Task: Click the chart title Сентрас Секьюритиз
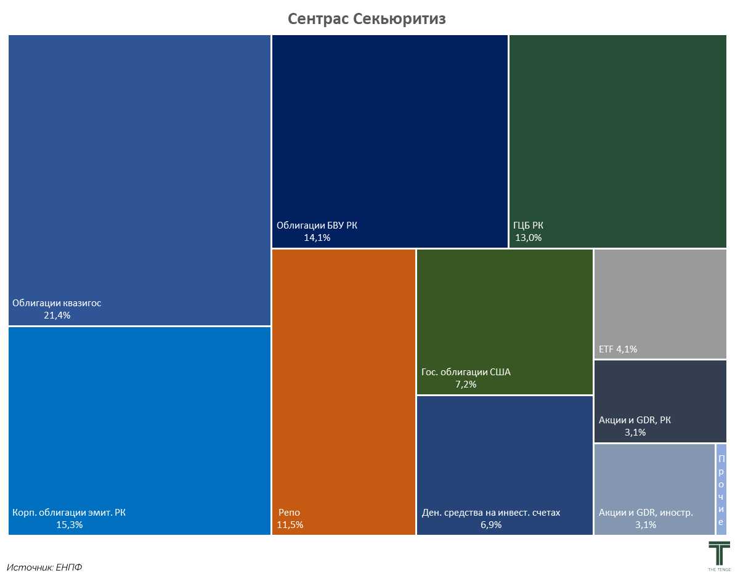pyautogui.click(x=367, y=19)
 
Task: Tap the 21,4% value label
pyautogui.click(x=57, y=315)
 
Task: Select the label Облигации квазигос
pyautogui.click(x=57, y=303)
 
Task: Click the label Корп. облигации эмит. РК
pyautogui.click(x=69, y=513)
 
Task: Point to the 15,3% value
pyautogui.click(x=69, y=525)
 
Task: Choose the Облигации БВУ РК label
pyautogui.click(x=317, y=226)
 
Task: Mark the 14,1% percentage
pyautogui.click(x=317, y=238)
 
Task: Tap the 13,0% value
pyautogui.click(x=529, y=238)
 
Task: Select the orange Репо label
pyautogui.click(x=289, y=513)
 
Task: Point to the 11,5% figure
pyautogui.click(x=290, y=525)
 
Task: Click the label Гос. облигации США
pyautogui.click(x=466, y=372)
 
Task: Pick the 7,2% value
pyautogui.click(x=466, y=384)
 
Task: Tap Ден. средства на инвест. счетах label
pyautogui.click(x=491, y=513)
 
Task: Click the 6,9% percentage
pyautogui.click(x=491, y=525)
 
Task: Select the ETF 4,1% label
pyautogui.click(x=618, y=349)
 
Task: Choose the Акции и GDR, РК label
pyautogui.click(x=635, y=420)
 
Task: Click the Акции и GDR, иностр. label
pyautogui.click(x=646, y=513)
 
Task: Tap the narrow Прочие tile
pyautogui.click(x=721, y=489)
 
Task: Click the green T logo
pyautogui.click(x=719, y=551)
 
